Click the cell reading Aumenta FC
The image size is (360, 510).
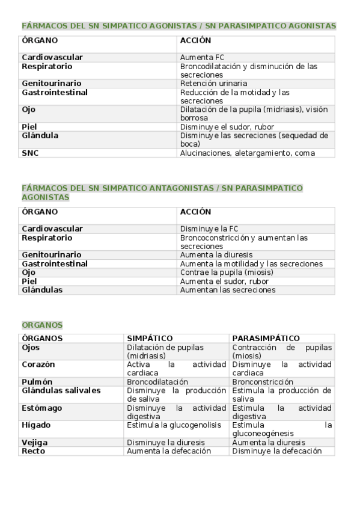(195, 58)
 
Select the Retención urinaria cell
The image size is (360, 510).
(213, 84)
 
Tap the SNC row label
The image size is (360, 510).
(30, 153)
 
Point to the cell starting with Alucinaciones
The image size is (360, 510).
(247, 153)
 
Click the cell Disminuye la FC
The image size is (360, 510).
(209, 229)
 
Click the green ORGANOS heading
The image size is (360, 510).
(42, 325)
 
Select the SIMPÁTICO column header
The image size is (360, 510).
(150, 339)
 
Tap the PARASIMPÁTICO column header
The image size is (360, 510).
(266, 339)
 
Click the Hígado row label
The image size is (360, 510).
(36, 425)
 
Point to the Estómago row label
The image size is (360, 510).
(41, 408)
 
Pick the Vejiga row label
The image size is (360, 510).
(35, 443)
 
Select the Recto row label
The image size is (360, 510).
(34, 451)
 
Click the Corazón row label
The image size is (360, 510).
(38, 364)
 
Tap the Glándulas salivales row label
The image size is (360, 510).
(61, 391)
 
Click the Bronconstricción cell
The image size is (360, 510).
(263, 382)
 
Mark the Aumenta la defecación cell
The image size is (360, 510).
(169, 451)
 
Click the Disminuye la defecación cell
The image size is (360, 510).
(276, 451)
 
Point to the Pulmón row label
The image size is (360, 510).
(37, 382)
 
